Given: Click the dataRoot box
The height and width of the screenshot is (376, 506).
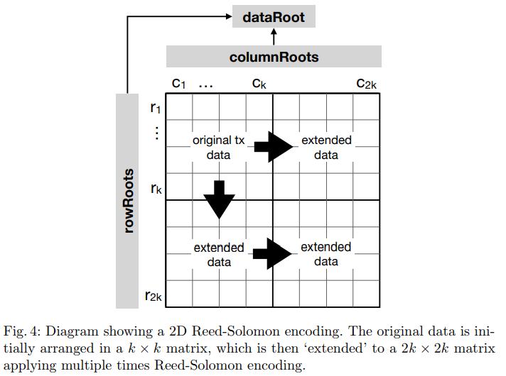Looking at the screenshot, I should (274, 16).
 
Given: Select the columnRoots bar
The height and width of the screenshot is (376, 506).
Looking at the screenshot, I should (274, 56).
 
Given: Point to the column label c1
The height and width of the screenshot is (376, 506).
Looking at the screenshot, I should (179, 84).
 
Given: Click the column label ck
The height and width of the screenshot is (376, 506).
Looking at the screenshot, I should (259, 84).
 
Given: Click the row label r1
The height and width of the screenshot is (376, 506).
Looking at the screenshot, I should (155, 108).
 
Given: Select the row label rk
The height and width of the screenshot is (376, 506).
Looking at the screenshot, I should (155, 189).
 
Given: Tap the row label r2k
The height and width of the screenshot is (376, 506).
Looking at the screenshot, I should (154, 296).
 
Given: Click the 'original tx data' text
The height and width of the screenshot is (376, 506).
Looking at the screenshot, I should (218, 148).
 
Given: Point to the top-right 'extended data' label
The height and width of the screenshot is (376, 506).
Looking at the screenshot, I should (326, 148).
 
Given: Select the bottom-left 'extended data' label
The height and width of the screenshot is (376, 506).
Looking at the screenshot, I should (218, 255).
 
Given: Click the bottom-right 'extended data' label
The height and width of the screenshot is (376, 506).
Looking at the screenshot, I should (326, 254).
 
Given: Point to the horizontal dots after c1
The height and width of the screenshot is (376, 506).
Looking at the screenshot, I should (206, 85).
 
